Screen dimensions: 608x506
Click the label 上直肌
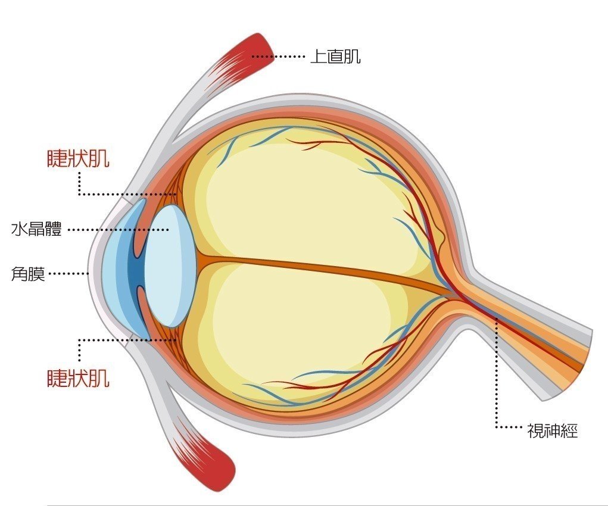pos(335,57)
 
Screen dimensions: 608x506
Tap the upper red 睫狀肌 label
pos(78,158)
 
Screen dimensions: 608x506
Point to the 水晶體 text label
pos(36,229)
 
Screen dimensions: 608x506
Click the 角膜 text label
pos(28,274)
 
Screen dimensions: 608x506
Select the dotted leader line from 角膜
pos(68,274)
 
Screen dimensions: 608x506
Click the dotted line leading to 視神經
pos(497,381)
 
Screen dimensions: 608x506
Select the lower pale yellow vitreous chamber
pos(298,333)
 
